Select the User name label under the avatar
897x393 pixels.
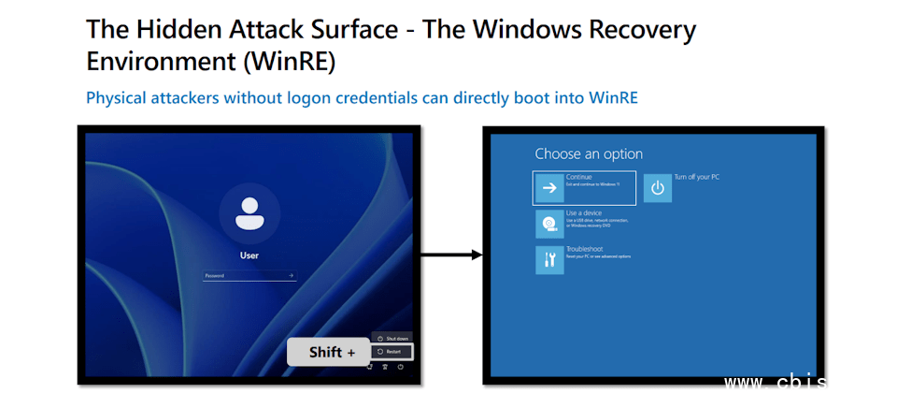tap(249, 255)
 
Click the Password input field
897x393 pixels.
tap(245, 275)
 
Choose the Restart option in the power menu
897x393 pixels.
tap(392, 352)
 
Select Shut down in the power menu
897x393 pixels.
tap(392, 337)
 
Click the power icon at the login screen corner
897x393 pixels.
tap(400, 367)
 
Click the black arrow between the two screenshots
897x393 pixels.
tap(450, 255)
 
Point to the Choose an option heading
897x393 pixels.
tap(589, 153)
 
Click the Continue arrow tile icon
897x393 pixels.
tap(549, 187)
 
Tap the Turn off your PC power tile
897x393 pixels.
tap(658, 187)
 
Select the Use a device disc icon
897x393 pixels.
tap(549, 225)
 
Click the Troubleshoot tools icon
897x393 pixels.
tap(549, 260)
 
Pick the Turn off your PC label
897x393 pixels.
tap(696, 177)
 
